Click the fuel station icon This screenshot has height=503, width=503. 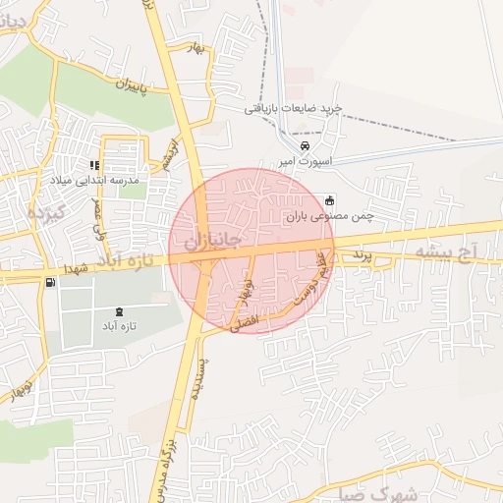tap(49, 283)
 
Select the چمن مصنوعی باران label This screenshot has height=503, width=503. tap(331, 215)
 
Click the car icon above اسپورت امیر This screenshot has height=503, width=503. tap(305, 146)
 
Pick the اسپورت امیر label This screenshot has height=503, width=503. tap(305, 160)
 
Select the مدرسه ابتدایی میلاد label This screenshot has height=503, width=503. tap(94, 182)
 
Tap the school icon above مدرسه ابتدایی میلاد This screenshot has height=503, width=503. tap(94, 166)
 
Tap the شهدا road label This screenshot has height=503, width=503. tap(78, 267)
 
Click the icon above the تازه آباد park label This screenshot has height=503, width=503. tap(119, 311)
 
